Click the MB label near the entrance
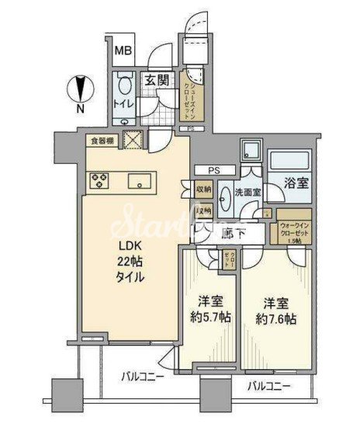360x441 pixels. (x=123, y=53)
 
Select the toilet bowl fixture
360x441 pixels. (x=124, y=85)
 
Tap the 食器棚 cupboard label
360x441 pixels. (x=102, y=141)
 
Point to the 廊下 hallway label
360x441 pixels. (x=233, y=232)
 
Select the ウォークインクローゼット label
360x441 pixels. (x=294, y=230)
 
